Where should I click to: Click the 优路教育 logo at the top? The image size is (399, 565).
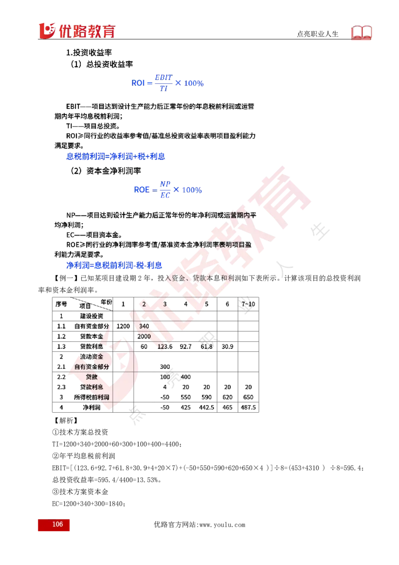point(77,30)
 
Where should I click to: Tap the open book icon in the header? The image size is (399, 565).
point(361,32)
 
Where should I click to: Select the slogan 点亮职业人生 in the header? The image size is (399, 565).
point(318,34)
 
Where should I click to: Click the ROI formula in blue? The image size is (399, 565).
point(168,83)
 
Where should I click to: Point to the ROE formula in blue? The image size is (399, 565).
point(168,190)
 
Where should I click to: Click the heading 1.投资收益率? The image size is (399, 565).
point(89,52)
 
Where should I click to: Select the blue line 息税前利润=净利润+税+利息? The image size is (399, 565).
point(116,156)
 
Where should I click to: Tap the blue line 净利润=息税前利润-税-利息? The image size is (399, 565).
point(114,266)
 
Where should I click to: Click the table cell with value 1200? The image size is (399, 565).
point(123,326)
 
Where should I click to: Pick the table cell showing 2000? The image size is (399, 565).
point(144,336)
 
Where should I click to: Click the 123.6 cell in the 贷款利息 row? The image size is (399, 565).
point(165,346)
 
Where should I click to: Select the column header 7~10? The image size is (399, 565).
point(248,304)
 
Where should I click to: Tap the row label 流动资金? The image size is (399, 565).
point(91,356)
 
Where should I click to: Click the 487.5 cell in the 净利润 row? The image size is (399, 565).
point(248,407)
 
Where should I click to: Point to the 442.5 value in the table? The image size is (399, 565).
point(206,407)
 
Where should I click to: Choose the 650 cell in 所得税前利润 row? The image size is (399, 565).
point(248,397)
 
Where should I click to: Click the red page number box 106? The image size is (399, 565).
point(54,525)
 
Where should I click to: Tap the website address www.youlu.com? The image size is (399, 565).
point(222,525)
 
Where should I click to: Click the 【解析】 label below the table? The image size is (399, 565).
point(65,421)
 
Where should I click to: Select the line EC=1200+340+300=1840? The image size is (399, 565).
point(89,504)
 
